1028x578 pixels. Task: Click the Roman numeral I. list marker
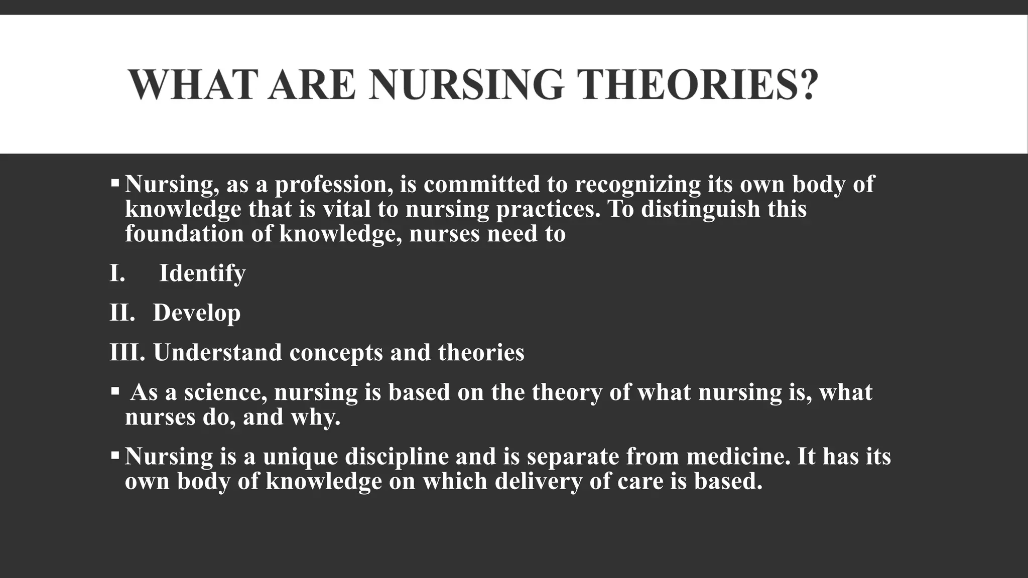tap(117, 273)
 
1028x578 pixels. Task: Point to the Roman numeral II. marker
tap(122, 313)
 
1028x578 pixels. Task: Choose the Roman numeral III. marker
tap(127, 352)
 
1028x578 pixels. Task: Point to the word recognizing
tap(637, 185)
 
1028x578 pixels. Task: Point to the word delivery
tap(538, 481)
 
